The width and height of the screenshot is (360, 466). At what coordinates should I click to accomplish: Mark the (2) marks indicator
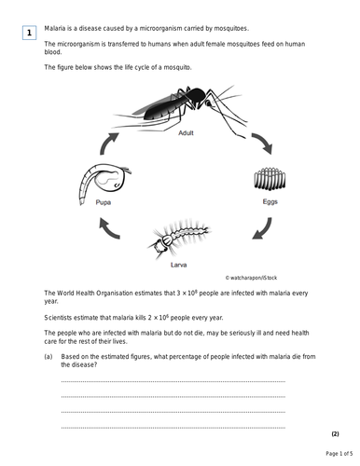335,434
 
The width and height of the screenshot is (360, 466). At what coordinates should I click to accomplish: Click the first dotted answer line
173,381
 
